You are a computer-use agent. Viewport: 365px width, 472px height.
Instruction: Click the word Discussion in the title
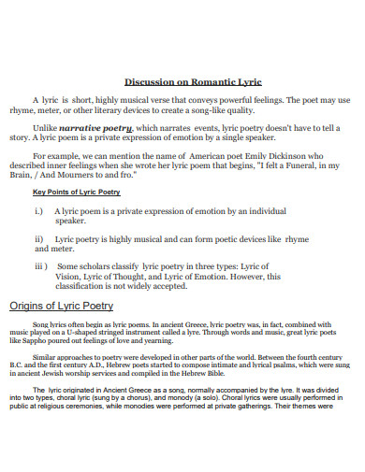click(151, 80)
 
